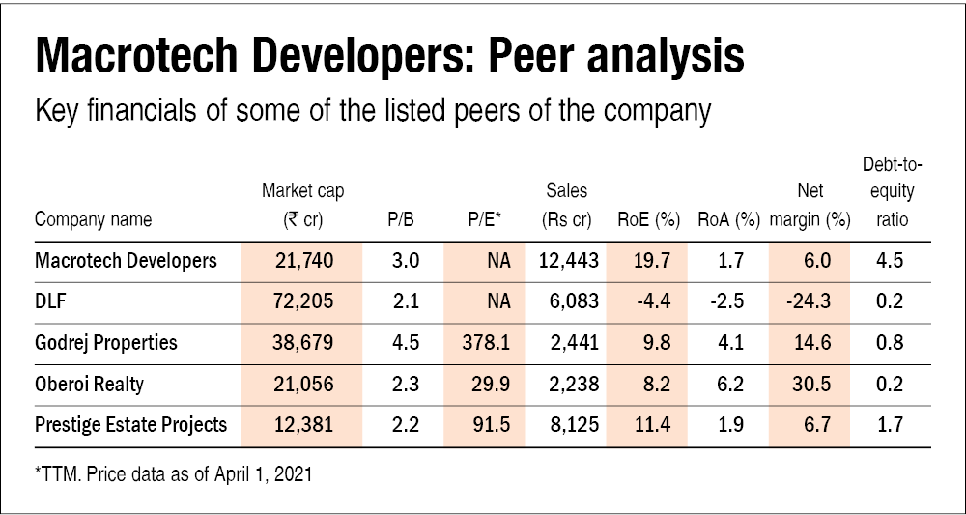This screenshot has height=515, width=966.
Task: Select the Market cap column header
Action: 302,205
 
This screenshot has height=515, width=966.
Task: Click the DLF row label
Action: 49,300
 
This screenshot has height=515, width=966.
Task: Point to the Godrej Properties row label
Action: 106,342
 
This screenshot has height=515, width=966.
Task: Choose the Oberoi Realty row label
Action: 89,384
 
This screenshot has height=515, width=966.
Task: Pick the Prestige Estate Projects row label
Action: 130,425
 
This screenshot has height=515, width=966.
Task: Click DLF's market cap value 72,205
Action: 302,300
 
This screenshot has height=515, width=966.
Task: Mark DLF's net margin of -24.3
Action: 810,300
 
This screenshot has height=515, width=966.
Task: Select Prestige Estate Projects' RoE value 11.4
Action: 648,425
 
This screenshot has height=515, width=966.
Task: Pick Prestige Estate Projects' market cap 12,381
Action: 302,425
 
